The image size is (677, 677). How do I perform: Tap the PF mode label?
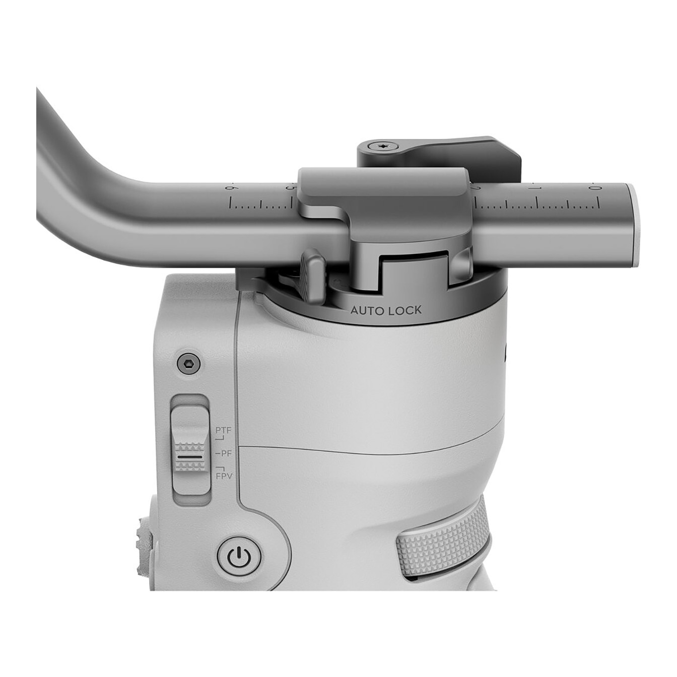(225, 453)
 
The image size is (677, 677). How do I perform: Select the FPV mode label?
(224, 477)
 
